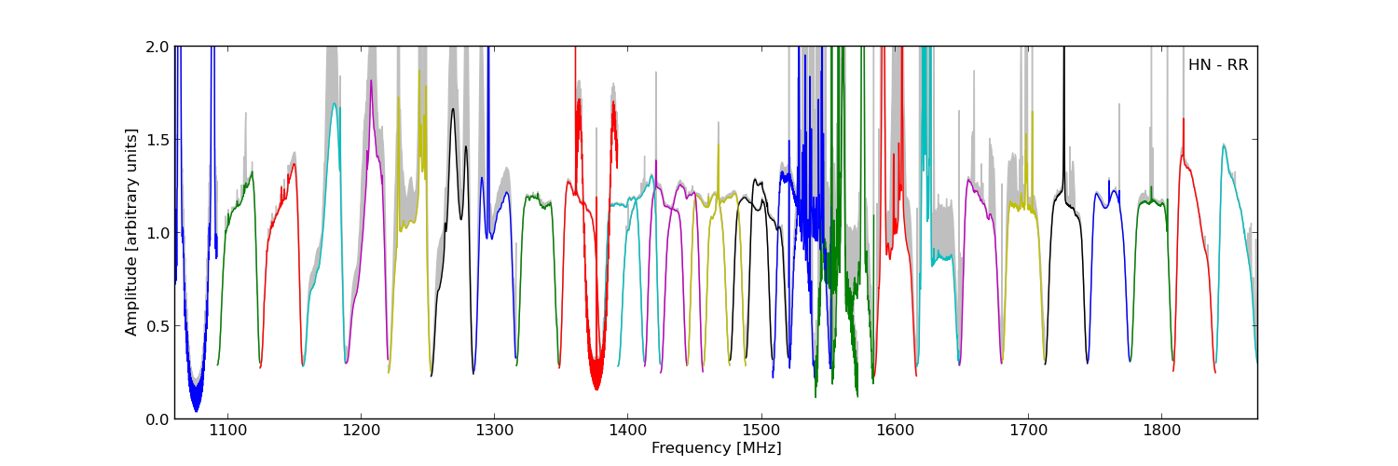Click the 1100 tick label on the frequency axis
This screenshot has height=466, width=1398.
coord(227,432)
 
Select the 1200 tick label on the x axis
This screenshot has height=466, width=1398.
coord(361,432)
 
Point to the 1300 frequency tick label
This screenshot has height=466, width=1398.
coord(494,432)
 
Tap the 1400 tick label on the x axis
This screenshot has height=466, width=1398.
coord(627,432)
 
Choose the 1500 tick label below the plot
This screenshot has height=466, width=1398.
coord(761,432)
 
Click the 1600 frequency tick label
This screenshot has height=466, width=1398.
coord(895,432)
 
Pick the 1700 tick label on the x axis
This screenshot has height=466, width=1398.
coord(1028,432)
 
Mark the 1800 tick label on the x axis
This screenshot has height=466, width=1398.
coord(1161,432)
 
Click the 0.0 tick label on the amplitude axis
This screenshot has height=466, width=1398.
coord(157,419)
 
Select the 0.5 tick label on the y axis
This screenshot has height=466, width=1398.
coord(157,326)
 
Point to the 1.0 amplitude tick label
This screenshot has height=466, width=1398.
coord(157,233)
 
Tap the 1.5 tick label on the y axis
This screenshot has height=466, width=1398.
coord(157,140)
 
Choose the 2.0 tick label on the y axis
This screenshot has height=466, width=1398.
coord(157,47)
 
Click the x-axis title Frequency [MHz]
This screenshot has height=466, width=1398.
coord(716,448)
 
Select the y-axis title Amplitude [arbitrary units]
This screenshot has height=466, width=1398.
coord(131,232)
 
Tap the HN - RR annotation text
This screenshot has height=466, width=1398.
coord(1217,65)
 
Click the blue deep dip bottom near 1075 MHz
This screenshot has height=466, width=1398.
coord(196,408)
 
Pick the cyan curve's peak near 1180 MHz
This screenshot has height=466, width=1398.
coord(334,103)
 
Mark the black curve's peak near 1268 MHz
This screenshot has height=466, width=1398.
coord(453,109)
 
